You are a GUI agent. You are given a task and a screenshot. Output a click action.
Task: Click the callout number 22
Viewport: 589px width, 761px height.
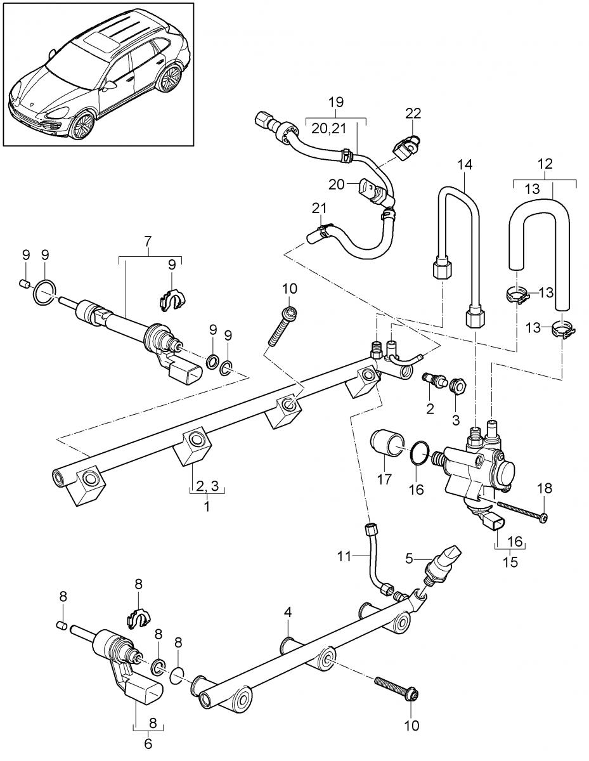pos(413,113)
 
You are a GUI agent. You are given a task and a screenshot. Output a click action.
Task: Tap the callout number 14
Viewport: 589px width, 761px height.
pos(465,164)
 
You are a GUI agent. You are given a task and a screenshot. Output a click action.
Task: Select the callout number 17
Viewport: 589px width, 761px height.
pos(384,479)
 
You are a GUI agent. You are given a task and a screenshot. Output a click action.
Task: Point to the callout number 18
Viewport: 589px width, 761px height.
pos(545,488)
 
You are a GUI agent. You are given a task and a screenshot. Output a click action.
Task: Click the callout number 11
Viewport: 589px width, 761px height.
pos(344,556)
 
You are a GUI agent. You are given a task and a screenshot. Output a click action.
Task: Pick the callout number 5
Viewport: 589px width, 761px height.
pos(409,558)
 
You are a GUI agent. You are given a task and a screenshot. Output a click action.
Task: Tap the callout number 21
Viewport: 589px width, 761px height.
pos(319,208)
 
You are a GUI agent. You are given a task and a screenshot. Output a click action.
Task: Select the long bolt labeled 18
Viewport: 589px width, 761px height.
pos(522,515)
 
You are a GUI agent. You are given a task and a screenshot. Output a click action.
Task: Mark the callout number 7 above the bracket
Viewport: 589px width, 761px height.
pos(148,241)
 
